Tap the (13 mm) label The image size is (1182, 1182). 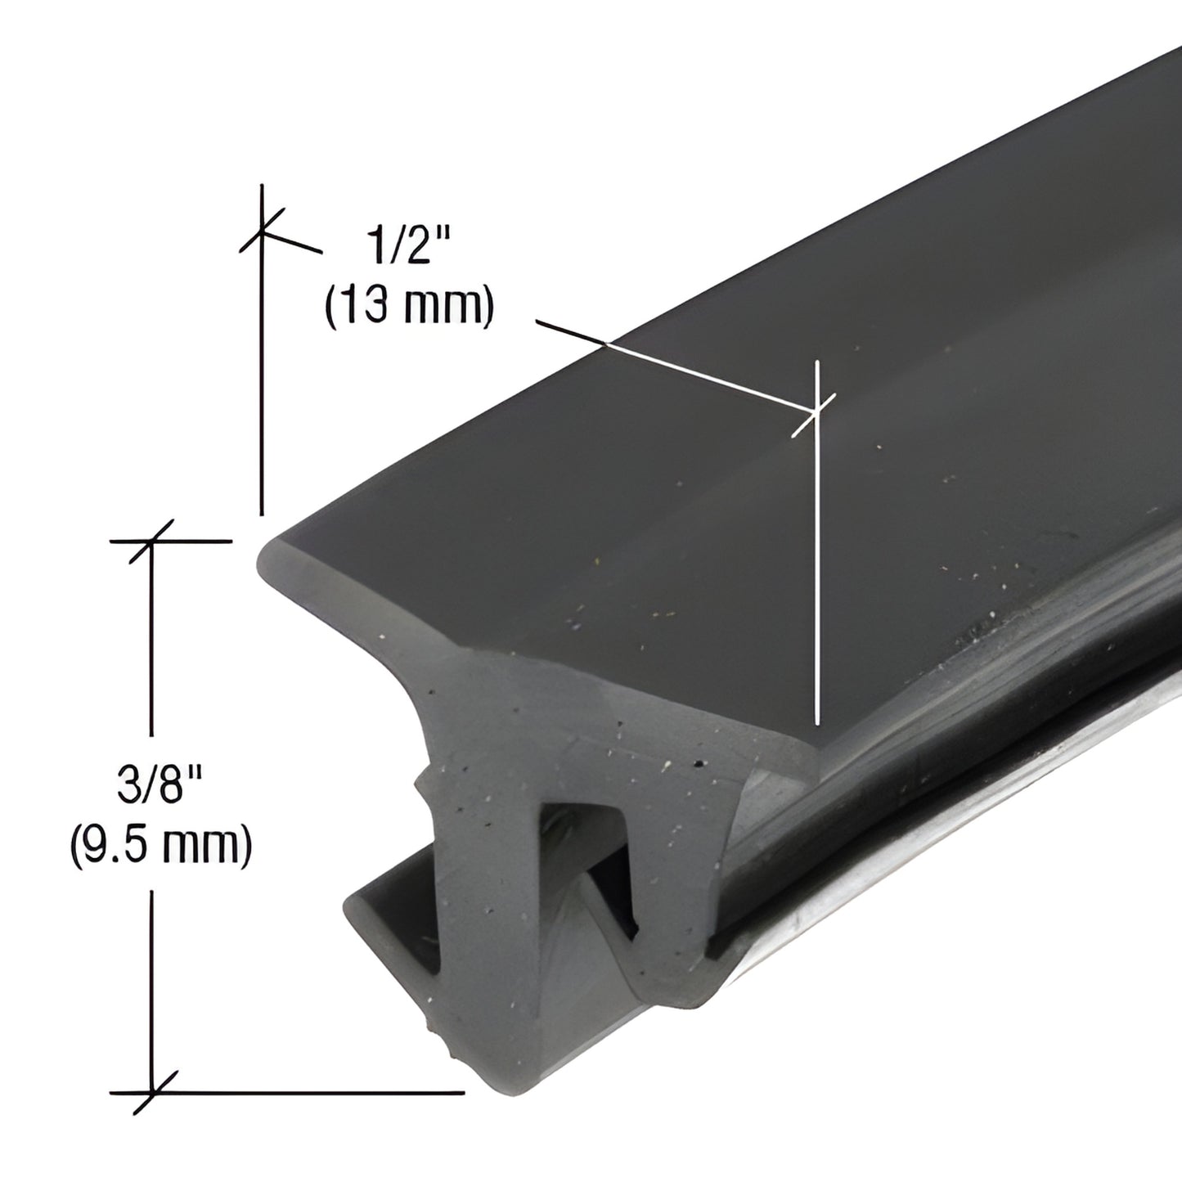tap(409, 307)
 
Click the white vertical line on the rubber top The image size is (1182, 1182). tap(817, 573)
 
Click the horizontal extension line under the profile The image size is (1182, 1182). tap(327, 1091)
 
